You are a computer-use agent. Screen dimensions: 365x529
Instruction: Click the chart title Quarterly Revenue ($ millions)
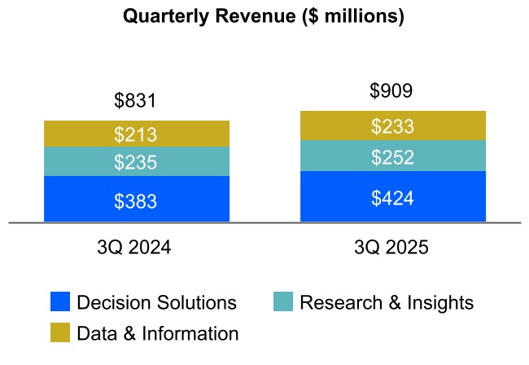[263, 16]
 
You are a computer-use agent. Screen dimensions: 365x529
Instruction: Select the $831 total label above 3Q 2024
[135, 102]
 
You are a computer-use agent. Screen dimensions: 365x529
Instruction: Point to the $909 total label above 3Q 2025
[391, 91]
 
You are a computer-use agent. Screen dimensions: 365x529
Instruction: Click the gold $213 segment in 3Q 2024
[136, 134]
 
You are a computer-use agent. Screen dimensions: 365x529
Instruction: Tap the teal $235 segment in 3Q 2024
[136, 162]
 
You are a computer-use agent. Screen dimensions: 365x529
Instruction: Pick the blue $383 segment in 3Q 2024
[136, 200]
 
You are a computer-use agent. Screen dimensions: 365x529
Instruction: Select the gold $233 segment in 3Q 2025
[392, 126]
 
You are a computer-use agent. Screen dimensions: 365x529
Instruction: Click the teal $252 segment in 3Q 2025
[392, 156]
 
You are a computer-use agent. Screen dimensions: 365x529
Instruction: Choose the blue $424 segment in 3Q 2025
[392, 197]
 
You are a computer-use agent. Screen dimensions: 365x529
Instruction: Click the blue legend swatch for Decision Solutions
[59, 302]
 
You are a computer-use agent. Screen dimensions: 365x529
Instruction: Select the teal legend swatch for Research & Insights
[282, 302]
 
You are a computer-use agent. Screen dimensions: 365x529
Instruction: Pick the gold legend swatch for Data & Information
[59, 332]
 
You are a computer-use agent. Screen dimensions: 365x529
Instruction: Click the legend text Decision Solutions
[156, 303]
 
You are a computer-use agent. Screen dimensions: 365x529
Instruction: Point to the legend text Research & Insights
[387, 303]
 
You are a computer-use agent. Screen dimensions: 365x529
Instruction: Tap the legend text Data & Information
[158, 333]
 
